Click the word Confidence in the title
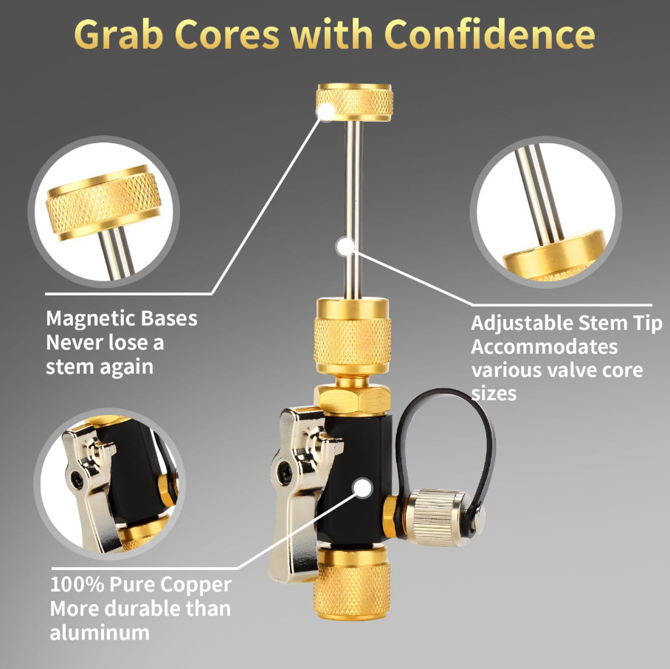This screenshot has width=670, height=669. tap(489, 34)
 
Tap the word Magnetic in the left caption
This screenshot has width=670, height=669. tap(90, 319)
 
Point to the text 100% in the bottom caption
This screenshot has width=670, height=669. tap(77, 585)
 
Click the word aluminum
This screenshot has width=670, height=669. tap(100, 633)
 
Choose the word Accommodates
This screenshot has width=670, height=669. tap(545, 346)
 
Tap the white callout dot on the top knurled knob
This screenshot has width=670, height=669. tap(326, 111)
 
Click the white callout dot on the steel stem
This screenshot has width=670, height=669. tap(345, 246)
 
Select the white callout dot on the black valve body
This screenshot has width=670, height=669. tap(362, 488)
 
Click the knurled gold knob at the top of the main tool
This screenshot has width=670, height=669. tap(354, 102)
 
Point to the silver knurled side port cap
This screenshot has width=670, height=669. tap(436, 517)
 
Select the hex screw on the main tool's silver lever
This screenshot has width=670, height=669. tap(284, 473)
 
